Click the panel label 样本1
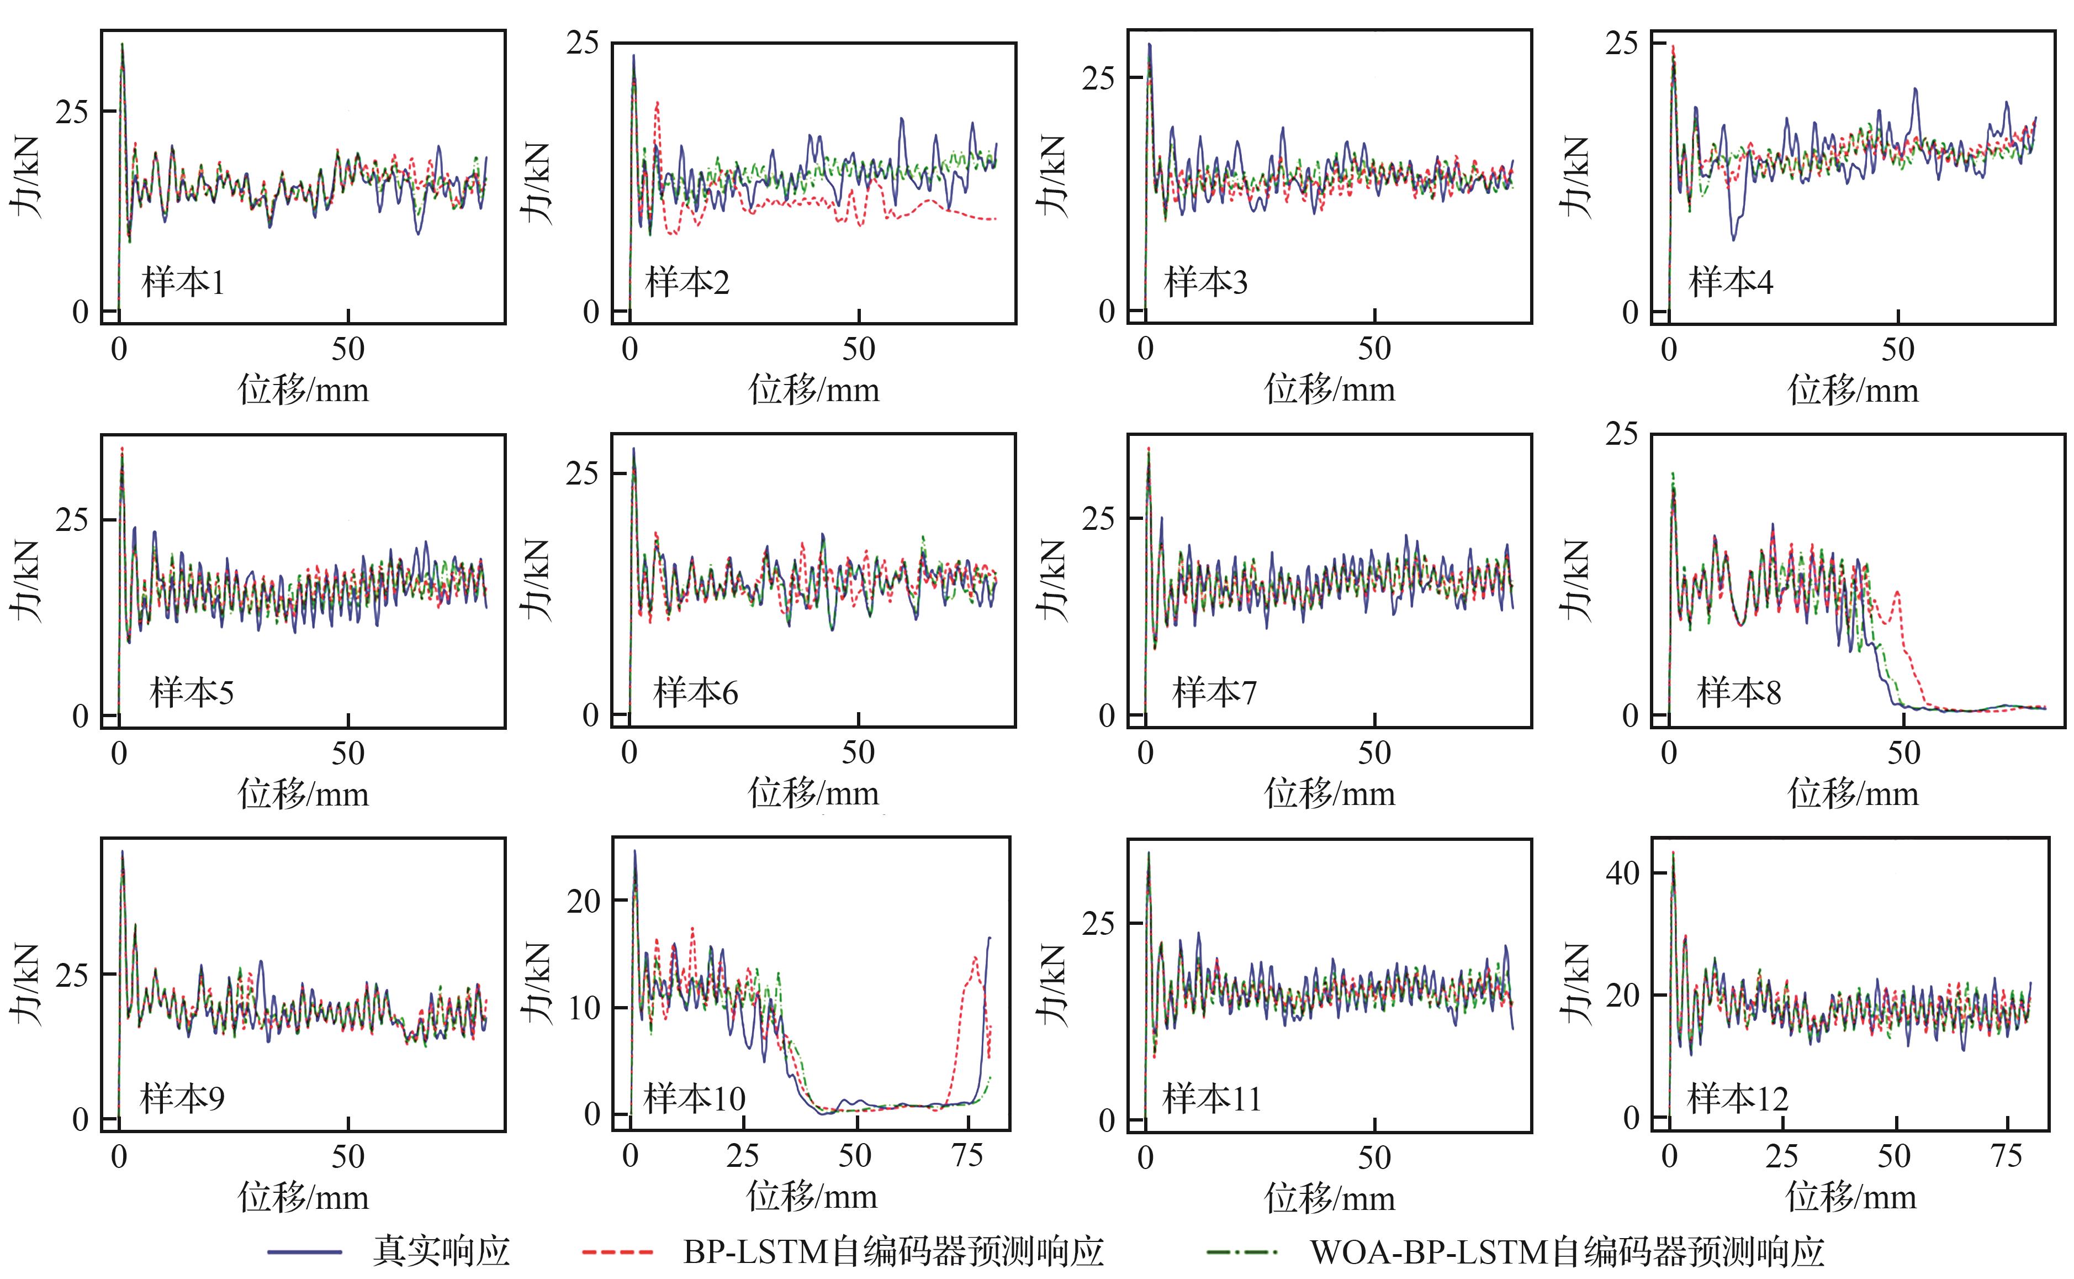pyautogui.click(x=183, y=282)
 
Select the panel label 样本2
pyautogui.click(x=686, y=282)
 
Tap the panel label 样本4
pyautogui.click(x=1730, y=282)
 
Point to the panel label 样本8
pyautogui.click(x=1738, y=693)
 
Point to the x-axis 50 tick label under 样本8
pyautogui.click(x=1903, y=753)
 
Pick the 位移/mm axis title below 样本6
pyautogui.click(x=813, y=793)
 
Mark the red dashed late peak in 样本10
pyautogui.click(x=975, y=959)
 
